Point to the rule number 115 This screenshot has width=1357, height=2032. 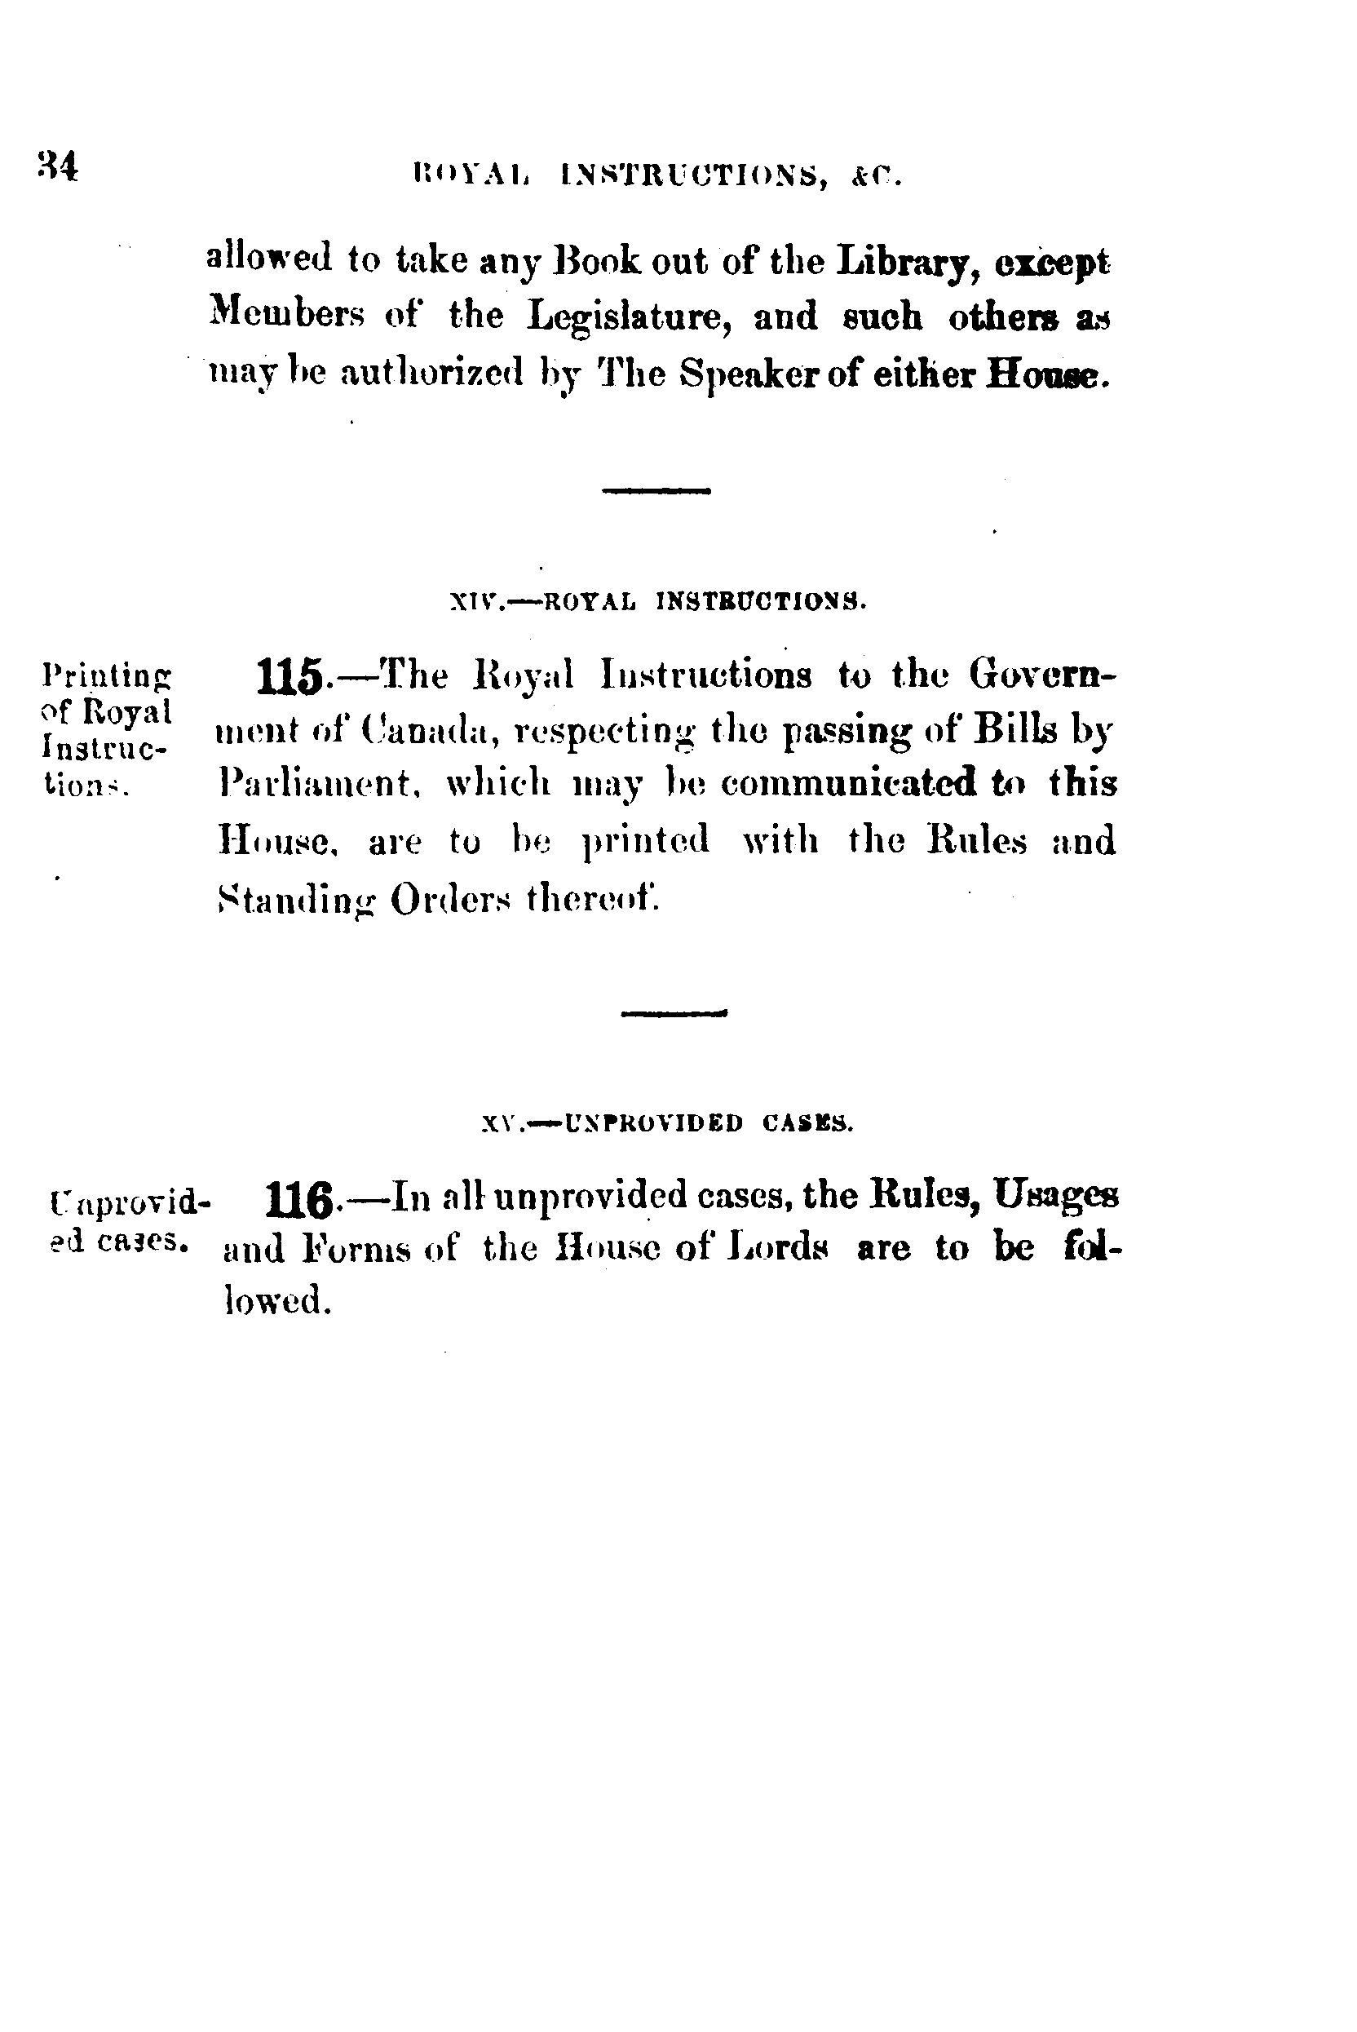pyautogui.click(x=291, y=677)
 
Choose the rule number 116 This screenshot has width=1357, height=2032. pyautogui.click(x=299, y=1200)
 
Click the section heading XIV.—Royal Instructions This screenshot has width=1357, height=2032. pyautogui.click(x=659, y=600)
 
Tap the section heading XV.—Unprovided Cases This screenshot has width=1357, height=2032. pyautogui.click(x=667, y=1124)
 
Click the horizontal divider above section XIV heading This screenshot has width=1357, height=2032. pyautogui.click(x=656, y=491)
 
